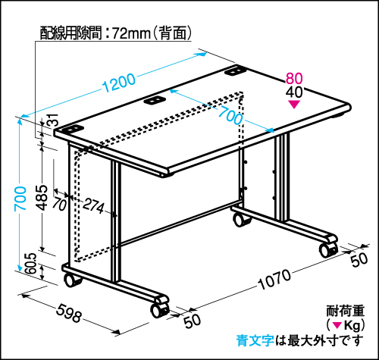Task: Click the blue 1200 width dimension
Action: point(119,83)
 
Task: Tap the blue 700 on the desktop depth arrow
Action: point(230,115)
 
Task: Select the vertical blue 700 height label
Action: point(20,199)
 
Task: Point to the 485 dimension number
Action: point(41,198)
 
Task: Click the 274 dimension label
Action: point(93,205)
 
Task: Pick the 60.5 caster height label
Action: point(32,264)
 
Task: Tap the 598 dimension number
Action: point(69,313)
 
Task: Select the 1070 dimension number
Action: point(274,280)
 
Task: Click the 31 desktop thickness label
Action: point(53,120)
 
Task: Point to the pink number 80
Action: point(294,78)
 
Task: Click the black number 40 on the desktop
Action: point(294,92)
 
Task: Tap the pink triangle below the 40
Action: point(294,105)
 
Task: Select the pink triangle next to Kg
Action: point(337,325)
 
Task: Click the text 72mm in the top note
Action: point(131,33)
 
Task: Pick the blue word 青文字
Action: point(255,340)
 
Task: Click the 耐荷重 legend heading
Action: point(346,311)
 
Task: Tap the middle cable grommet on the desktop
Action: point(154,101)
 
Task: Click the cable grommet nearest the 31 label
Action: point(72,130)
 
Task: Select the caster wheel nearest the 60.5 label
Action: point(71,280)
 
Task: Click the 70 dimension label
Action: point(60,204)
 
